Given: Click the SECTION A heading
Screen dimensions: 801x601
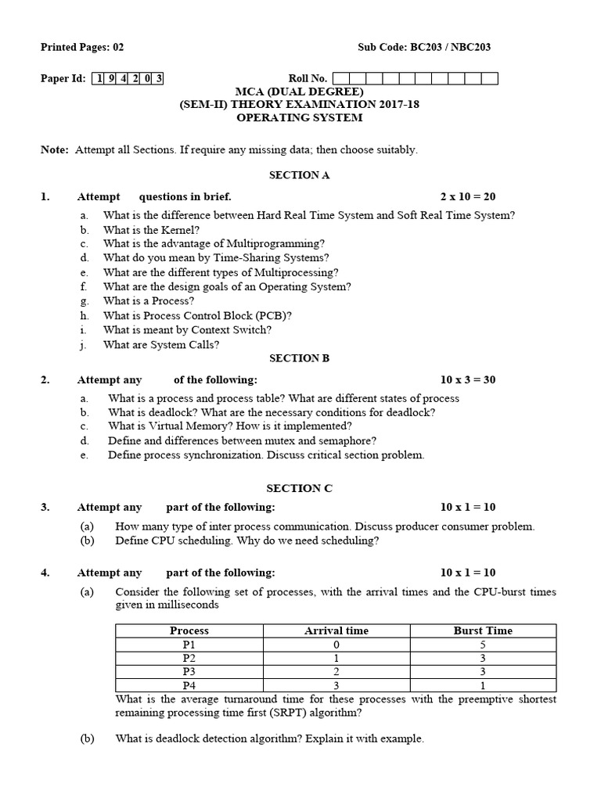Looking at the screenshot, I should (300, 175).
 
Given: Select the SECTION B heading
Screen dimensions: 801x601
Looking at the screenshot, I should (300, 358).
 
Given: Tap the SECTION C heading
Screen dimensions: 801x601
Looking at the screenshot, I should (300, 488).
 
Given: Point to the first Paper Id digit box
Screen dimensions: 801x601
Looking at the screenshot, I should (99, 78).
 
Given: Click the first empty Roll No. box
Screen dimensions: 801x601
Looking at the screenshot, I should (340, 78).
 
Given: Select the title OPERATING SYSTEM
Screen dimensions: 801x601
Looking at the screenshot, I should (300, 118).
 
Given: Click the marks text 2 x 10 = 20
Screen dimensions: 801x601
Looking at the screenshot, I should (468, 197).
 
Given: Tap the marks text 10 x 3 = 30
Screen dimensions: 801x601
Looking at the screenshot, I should (468, 380).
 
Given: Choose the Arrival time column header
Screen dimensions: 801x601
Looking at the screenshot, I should (336, 630).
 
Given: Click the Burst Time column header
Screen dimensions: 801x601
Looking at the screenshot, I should (483, 630).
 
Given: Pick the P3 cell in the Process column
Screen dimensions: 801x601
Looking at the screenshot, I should (189, 671).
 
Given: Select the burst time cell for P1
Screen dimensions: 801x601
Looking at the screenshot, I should (483, 645).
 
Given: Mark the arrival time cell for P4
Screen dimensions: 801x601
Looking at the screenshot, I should (336, 685).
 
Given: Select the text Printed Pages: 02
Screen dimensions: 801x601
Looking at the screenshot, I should (82, 47).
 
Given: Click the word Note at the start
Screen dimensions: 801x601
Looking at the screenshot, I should (54, 149).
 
